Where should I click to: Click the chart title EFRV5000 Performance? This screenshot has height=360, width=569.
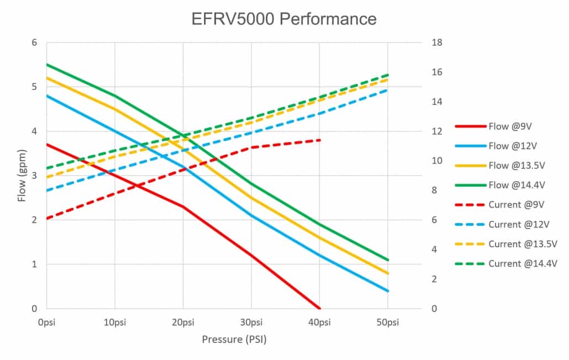283,19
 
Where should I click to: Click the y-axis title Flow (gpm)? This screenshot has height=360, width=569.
22,176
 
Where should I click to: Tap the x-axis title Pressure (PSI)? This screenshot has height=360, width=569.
234,340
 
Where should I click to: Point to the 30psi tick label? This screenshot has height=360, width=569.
251,322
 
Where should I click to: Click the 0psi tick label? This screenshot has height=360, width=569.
46,322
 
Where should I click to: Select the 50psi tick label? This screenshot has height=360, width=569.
388,322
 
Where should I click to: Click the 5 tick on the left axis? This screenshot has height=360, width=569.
34,87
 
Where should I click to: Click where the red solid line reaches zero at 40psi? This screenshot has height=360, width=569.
320,308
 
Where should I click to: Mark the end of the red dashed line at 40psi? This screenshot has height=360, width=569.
320,140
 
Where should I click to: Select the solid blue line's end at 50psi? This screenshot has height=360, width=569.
388,291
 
